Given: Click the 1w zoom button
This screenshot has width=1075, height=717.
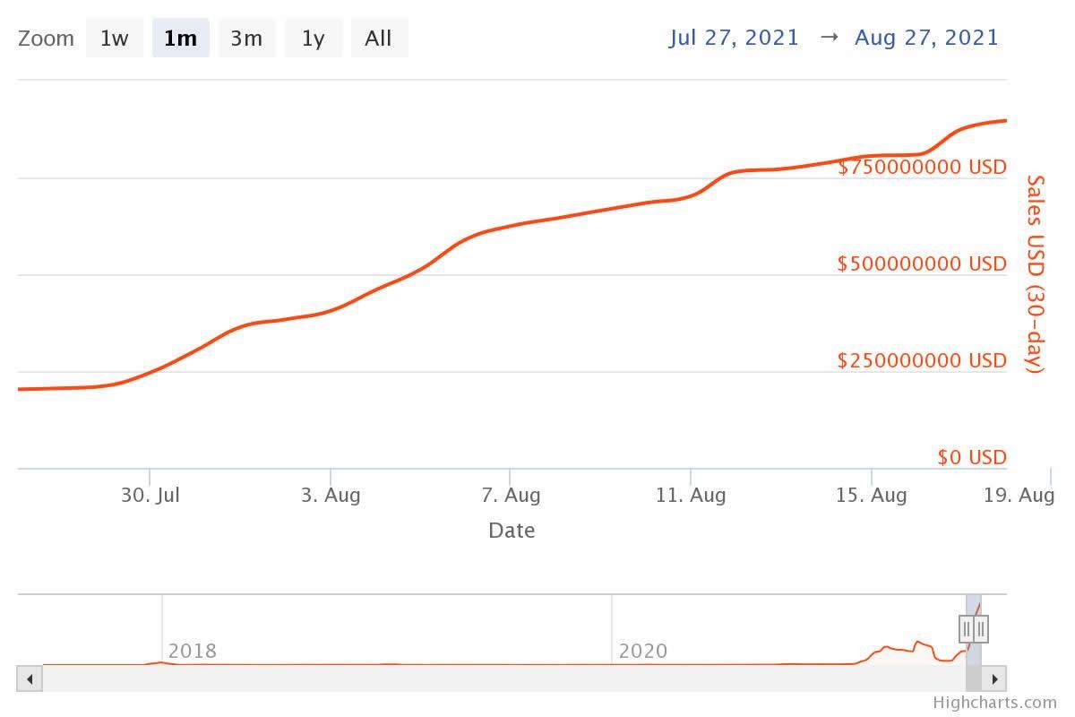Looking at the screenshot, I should (x=114, y=39).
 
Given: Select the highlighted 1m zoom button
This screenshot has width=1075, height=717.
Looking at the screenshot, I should (x=180, y=39).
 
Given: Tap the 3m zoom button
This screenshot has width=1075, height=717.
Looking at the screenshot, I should (x=246, y=39).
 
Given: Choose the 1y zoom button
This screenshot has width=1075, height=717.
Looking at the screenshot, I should (x=313, y=39).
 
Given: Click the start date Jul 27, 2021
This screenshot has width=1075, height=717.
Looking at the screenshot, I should (x=734, y=38).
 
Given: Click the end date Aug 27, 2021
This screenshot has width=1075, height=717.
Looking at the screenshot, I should (x=926, y=38).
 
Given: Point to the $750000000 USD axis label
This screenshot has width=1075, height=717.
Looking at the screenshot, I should (x=922, y=167).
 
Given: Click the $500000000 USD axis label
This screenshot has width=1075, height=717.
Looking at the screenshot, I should (x=922, y=263).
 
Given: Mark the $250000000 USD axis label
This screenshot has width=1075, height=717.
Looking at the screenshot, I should (x=922, y=360).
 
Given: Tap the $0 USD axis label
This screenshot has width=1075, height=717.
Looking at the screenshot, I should (x=972, y=457).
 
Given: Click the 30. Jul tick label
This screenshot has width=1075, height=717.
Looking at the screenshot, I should (x=150, y=495).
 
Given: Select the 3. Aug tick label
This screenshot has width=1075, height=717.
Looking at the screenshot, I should (x=331, y=495).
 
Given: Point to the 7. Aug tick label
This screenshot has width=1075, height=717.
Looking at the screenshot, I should (x=511, y=495).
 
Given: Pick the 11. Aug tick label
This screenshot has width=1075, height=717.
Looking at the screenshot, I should (x=691, y=495).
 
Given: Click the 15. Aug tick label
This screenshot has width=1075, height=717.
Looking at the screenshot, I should (x=871, y=495).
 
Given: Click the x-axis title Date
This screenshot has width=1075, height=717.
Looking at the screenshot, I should (x=512, y=531).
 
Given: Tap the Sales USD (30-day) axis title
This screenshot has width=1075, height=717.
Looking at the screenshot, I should (x=1035, y=274).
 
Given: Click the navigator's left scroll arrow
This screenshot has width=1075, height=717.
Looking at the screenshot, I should (x=30, y=678).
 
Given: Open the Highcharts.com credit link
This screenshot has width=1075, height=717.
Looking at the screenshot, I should (x=994, y=703).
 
